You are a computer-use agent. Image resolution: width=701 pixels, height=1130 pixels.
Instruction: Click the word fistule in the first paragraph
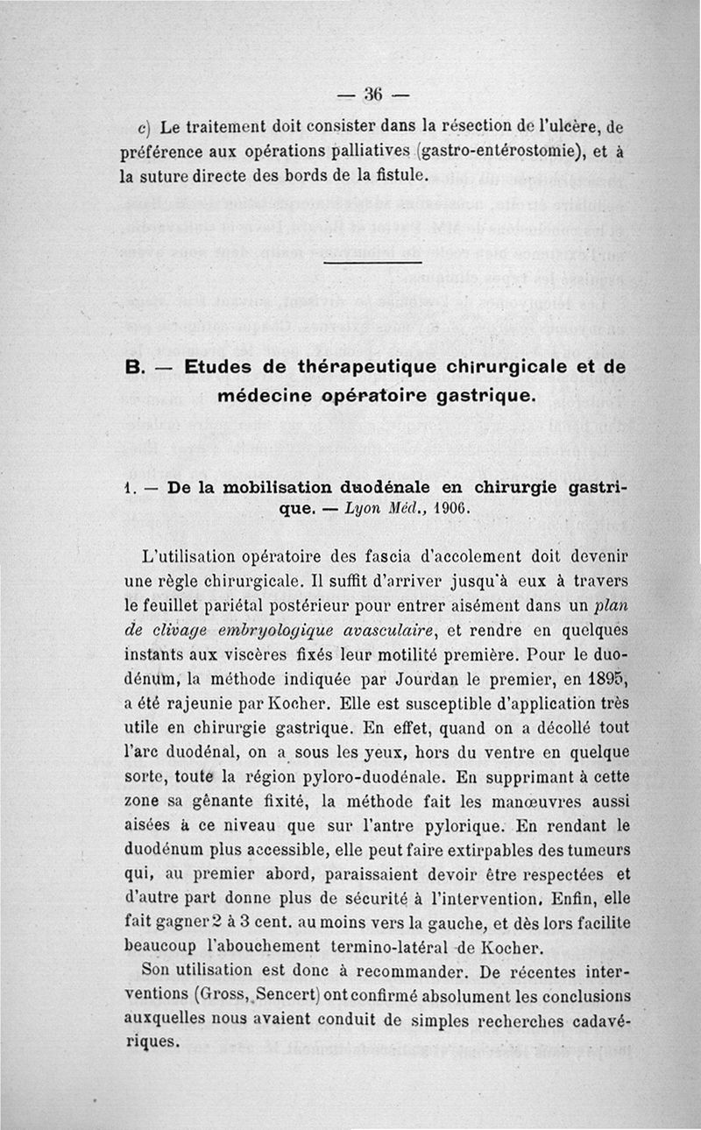point(398,175)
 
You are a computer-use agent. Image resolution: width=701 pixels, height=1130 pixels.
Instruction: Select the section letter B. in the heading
point(134,368)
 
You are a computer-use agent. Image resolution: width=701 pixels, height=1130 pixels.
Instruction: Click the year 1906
point(450,509)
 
